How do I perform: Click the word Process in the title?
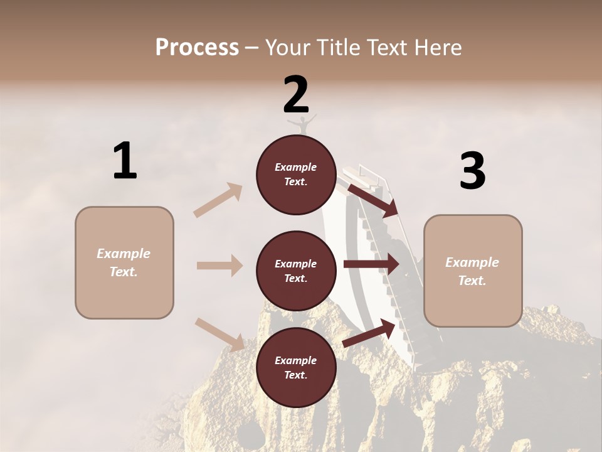click(197, 48)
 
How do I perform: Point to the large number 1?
click(125, 161)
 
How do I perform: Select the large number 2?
click(296, 95)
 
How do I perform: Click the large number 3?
click(472, 171)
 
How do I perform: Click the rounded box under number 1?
click(124, 262)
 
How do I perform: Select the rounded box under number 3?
click(473, 271)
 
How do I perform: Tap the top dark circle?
click(296, 175)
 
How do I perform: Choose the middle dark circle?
click(296, 271)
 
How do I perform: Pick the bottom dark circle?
click(296, 368)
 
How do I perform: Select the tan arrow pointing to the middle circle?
click(219, 266)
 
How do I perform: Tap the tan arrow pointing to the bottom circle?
click(219, 335)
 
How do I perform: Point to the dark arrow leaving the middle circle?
click(371, 264)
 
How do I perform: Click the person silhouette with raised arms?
click(302, 124)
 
